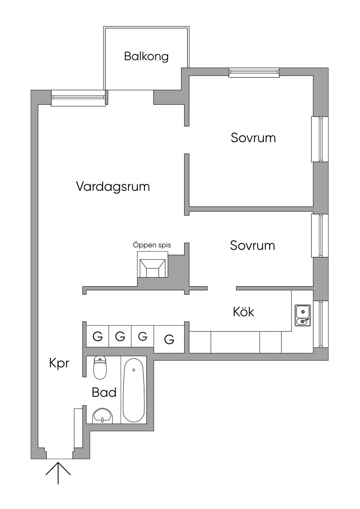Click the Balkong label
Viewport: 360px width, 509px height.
tap(146, 57)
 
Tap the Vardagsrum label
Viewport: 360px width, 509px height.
tap(113, 187)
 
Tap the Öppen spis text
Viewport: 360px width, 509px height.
tap(152, 245)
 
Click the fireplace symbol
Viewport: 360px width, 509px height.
tap(153, 264)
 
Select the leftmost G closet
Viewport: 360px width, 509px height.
tap(97, 336)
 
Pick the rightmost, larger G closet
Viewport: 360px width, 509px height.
tap(169, 340)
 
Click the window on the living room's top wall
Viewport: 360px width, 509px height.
tap(78, 98)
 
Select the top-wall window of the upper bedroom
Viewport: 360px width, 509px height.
tap(254, 72)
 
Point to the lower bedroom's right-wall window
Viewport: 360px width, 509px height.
tap(320, 236)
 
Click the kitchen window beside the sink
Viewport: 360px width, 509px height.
tap(321, 324)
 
